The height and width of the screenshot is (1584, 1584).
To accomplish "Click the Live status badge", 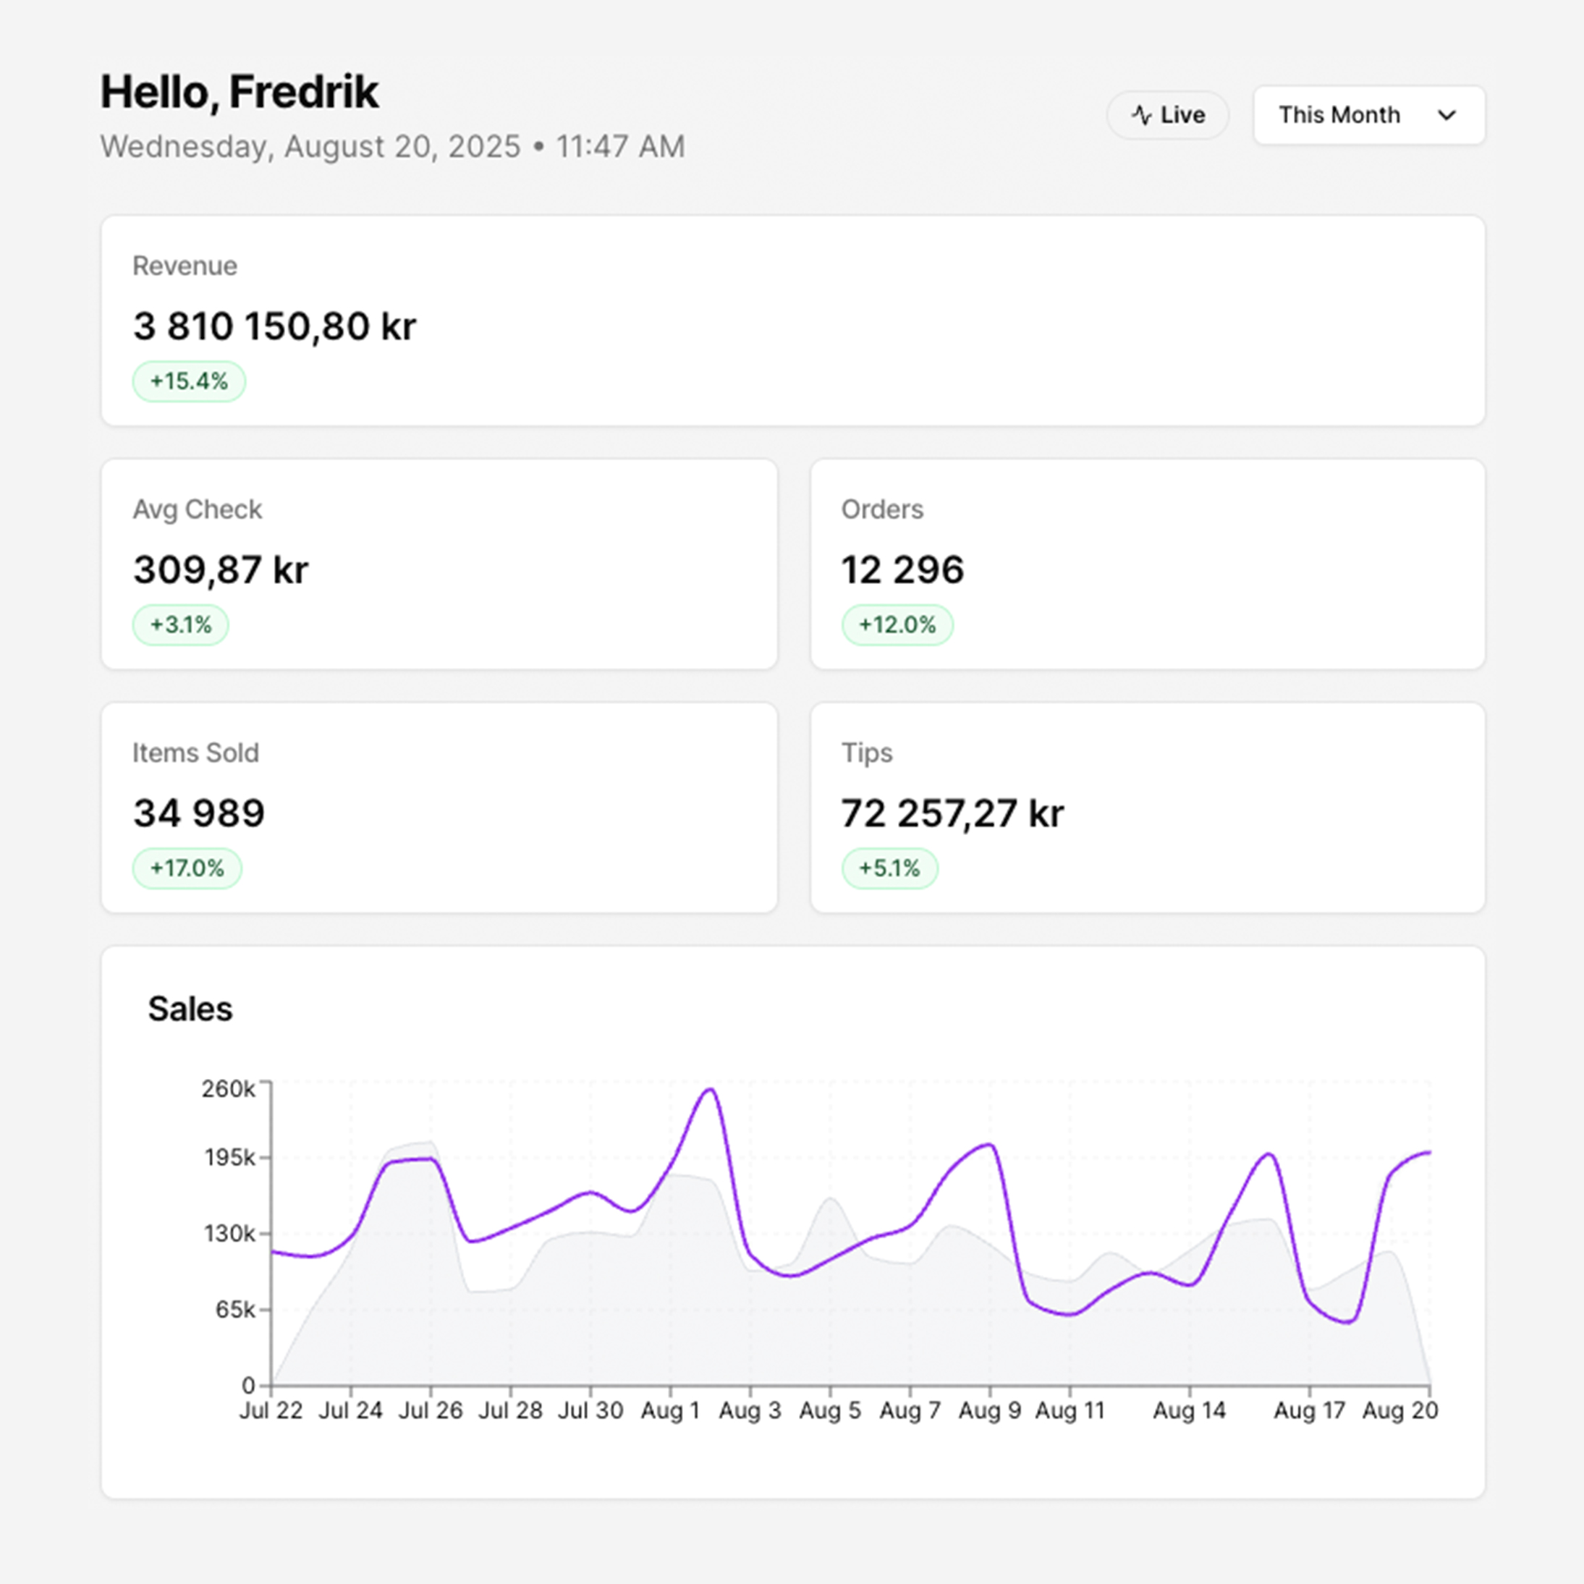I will [x=1167, y=115].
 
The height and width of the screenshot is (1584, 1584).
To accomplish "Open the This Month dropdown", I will [x=1368, y=115].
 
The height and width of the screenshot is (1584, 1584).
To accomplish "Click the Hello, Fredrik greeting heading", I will [x=240, y=92].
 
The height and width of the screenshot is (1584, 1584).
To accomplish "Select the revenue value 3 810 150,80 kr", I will [x=275, y=326].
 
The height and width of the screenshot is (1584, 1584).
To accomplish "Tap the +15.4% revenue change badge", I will [x=189, y=381].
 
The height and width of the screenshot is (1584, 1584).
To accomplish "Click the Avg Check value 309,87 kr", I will [x=221, y=569].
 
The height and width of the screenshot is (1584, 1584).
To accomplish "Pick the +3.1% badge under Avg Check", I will [x=180, y=624].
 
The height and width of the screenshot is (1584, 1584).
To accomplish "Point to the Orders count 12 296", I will [x=902, y=569].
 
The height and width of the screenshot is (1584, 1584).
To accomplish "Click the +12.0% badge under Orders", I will [x=897, y=624].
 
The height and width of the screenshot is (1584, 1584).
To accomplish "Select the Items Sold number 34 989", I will [x=199, y=813].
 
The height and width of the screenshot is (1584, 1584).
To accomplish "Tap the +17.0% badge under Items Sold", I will [x=187, y=868].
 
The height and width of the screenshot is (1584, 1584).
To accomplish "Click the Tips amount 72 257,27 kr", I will [x=952, y=813].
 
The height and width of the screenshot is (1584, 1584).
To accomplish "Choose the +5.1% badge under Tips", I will [x=889, y=868].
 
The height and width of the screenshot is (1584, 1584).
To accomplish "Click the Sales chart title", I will [x=190, y=1009].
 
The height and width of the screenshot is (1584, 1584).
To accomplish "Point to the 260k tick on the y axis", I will [x=229, y=1089].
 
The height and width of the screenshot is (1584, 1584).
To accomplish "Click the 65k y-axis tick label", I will [x=236, y=1309].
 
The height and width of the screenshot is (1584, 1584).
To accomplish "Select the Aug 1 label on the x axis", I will [x=670, y=1410].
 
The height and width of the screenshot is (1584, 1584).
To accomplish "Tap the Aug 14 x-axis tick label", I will [x=1189, y=1410].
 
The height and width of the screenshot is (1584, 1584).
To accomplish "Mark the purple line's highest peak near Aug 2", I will [x=710, y=1090].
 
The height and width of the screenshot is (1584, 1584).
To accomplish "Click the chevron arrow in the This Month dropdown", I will [x=1447, y=115].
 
